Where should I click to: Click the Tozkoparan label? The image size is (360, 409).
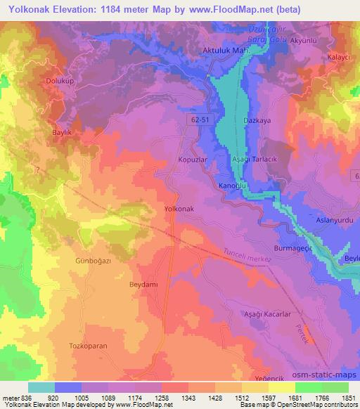[x=87, y=346]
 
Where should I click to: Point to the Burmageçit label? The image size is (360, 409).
[x=293, y=249]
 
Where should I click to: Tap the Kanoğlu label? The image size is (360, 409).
[x=232, y=186]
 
